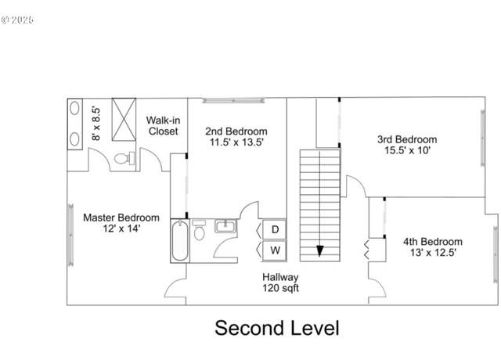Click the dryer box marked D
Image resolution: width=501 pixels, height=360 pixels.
[274, 229]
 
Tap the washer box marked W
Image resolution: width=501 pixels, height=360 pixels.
[274, 250]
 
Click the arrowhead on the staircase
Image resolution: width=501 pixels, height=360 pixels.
[319, 250]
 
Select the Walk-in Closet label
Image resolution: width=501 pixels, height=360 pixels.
[164, 125]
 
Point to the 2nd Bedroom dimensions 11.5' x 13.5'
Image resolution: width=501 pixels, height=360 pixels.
[236, 142]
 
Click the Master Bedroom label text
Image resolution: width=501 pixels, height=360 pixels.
[121, 218]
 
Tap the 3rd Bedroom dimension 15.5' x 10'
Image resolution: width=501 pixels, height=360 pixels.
[407, 150]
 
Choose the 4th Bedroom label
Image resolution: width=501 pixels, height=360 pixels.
[433, 242]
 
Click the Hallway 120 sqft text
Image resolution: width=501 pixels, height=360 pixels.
[280, 283]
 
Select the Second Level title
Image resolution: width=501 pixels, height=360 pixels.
[276, 328]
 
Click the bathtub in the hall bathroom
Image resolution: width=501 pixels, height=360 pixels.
[179, 241]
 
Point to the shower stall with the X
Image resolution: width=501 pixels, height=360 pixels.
[124, 120]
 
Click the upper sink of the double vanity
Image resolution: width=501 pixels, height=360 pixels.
[74, 108]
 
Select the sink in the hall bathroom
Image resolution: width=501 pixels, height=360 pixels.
[226, 226]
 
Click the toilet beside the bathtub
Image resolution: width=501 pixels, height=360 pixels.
[199, 230]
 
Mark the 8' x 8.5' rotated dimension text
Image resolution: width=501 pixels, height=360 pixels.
[96, 124]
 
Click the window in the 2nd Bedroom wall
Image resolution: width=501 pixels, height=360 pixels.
[233, 100]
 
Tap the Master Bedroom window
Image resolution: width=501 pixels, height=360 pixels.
[70, 235]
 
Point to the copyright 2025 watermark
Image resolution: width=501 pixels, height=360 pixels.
[17, 20]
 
